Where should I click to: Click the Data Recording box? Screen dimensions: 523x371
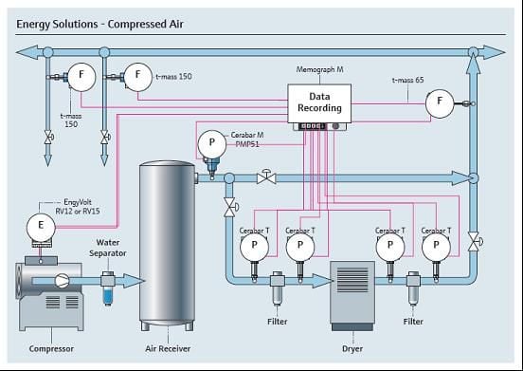[x=319, y=103]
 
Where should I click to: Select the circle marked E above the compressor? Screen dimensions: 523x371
[x=41, y=227]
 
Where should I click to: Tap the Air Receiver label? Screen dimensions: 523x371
[x=168, y=348]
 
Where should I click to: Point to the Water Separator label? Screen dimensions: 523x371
[x=108, y=248]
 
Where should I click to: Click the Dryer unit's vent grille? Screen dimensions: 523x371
[x=352, y=280]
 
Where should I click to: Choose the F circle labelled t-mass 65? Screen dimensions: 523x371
[x=440, y=103]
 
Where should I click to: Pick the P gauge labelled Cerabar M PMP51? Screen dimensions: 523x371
[x=212, y=144]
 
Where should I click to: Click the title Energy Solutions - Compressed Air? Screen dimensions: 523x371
[x=99, y=24]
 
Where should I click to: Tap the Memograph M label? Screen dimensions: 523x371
[x=319, y=69]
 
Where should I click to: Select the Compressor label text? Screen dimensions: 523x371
[x=51, y=348]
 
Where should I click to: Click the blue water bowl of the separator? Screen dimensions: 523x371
[x=108, y=297]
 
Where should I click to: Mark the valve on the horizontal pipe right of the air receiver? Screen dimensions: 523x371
[x=266, y=177]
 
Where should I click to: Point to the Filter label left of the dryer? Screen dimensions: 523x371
[x=278, y=322]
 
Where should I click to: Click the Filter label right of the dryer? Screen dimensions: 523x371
[x=413, y=322]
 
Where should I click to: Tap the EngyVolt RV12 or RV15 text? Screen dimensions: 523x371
[x=78, y=207]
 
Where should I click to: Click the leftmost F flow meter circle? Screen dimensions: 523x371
[x=81, y=77]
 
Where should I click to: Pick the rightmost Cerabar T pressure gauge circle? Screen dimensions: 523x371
[x=436, y=247]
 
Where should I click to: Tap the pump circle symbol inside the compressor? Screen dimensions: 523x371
[x=62, y=281]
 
